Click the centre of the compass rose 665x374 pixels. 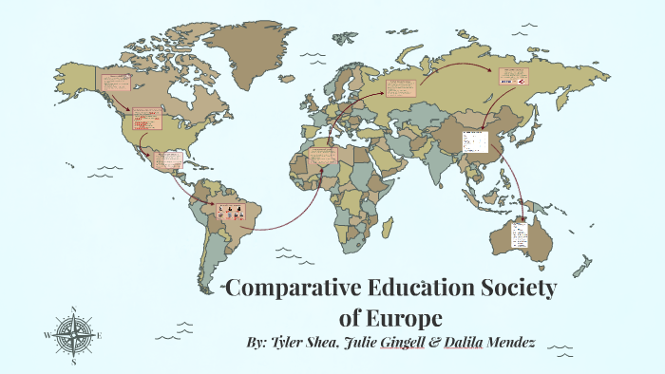[73, 336]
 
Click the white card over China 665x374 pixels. [474, 141]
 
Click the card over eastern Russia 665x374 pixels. [513, 76]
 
